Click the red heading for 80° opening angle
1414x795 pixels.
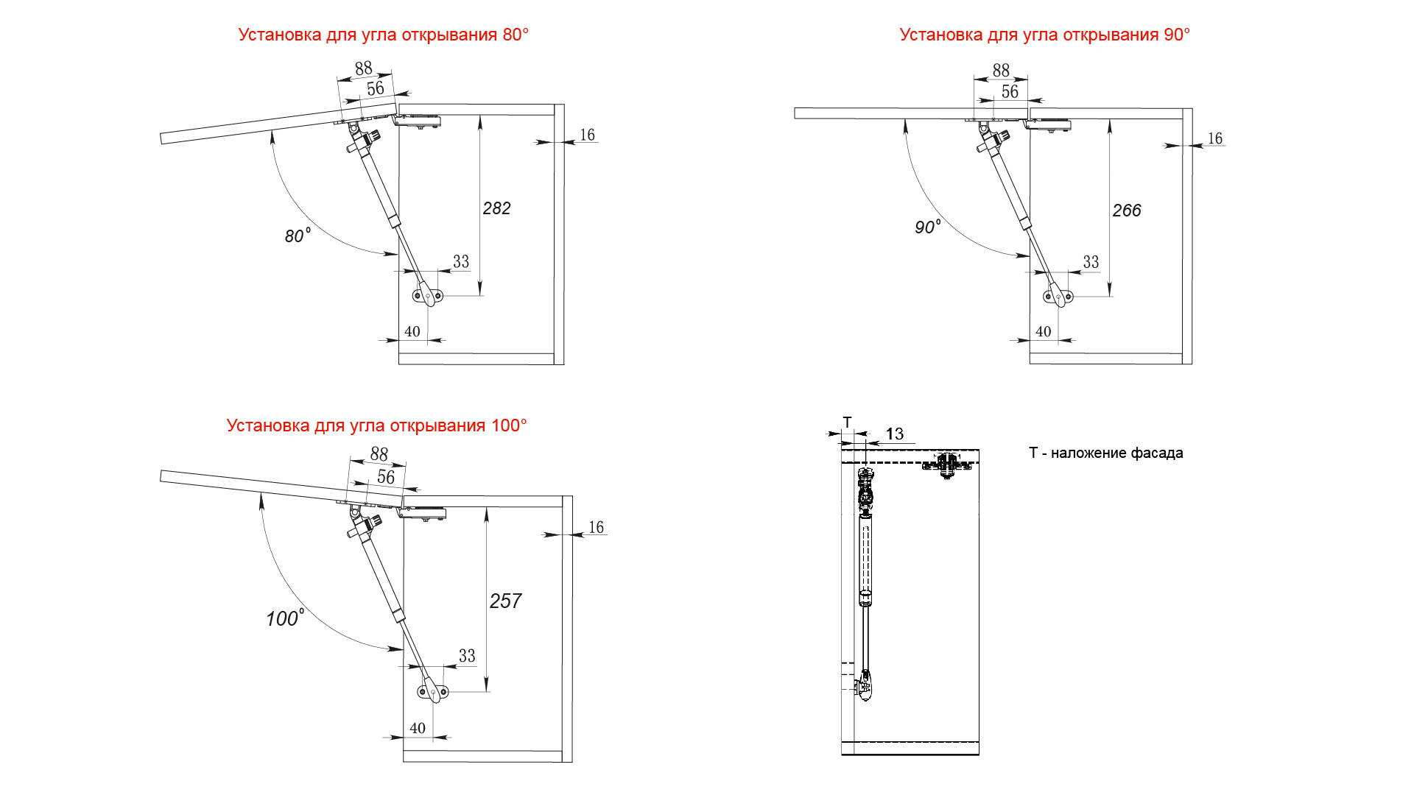(x=383, y=35)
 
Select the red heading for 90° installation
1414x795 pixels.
(x=1044, y=35)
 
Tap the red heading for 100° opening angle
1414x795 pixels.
(x=376, y=425)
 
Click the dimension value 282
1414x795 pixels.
(x=496, y=208)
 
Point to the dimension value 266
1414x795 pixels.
(x=1126, y=211)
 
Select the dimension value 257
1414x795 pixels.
(x=505, y=601)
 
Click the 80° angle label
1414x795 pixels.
(x=297, y=236)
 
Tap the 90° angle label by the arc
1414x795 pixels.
(x=927, y=227)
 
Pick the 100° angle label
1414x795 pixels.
(x=284, y=618)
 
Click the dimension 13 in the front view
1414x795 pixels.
(x=894, y=434)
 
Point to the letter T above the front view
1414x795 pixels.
(x=847, y=423)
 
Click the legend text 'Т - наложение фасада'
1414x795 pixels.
(x=1105, y=453)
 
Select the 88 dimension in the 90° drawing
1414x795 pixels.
(x=1001, y=70)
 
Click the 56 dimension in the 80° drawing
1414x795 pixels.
(x=376, y=88)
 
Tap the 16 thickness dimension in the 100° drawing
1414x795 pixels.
(x=596, y=527)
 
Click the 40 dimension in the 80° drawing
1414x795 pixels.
(x=412, y=331)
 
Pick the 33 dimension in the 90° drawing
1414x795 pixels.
(x=1091, y=262)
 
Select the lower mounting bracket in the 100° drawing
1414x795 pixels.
(x=433, y=692)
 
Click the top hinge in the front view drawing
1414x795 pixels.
(x=946, y=464)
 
